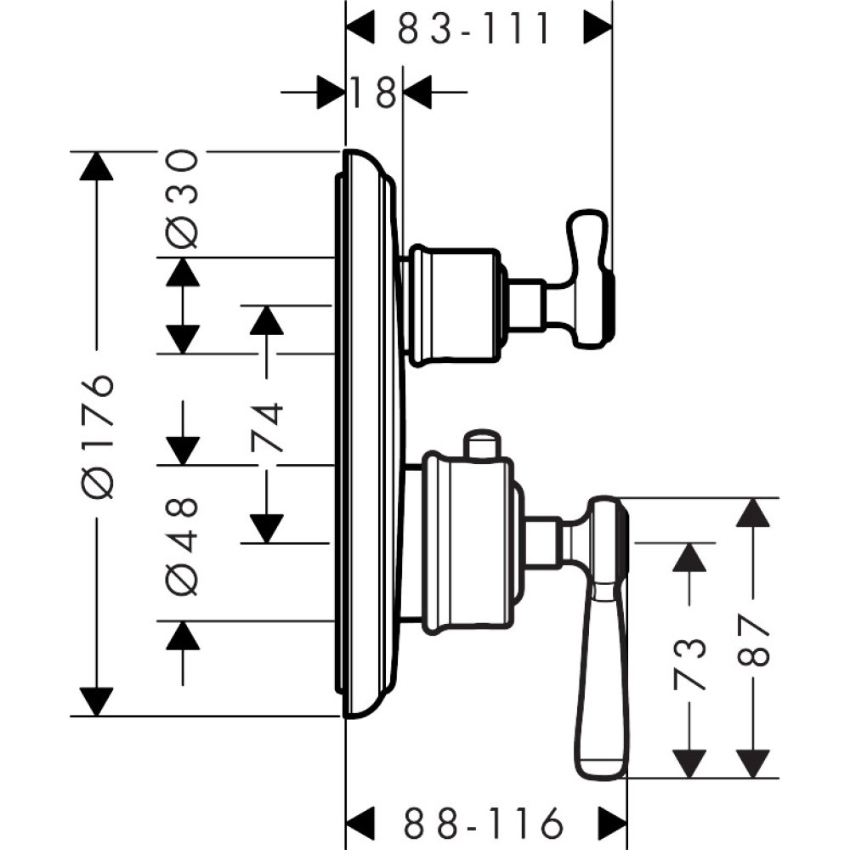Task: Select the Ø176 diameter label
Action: click(99, 433)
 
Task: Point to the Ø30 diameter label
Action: click(182, 199)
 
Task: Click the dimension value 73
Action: click(690, 661)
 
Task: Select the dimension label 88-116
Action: click(484, 823)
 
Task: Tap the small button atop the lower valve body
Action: click(481, 445)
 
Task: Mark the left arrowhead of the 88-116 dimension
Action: click(360, 823)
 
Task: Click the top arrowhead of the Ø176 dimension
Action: click(97, 166)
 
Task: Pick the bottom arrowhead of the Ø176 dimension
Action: click(97, 701)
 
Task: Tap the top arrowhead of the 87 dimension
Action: click(751, 513)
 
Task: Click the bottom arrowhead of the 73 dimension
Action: click(690, 762)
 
